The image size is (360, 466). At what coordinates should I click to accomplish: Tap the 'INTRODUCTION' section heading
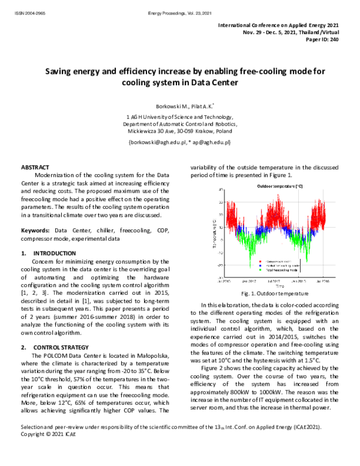55,253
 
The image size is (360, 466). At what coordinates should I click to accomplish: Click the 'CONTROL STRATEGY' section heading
61,347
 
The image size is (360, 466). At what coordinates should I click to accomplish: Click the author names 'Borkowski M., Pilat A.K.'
179,105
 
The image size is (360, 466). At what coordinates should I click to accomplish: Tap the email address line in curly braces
179,142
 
